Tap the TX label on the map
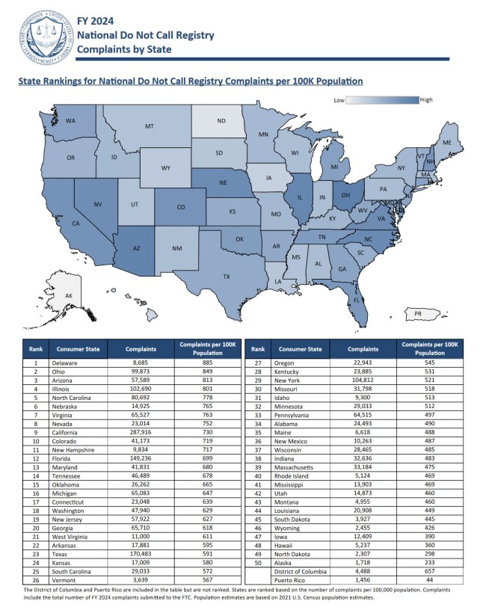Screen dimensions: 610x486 coord(226,277)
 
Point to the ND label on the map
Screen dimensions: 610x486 coord(222,120)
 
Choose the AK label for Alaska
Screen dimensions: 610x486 coord(69,297)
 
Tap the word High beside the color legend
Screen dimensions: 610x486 coord(426,99)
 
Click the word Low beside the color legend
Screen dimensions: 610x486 coord(339,99)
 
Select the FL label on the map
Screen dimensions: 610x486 coord(357,301)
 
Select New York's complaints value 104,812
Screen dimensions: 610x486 coord(363,381)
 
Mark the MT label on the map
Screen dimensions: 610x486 coord(150,127)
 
